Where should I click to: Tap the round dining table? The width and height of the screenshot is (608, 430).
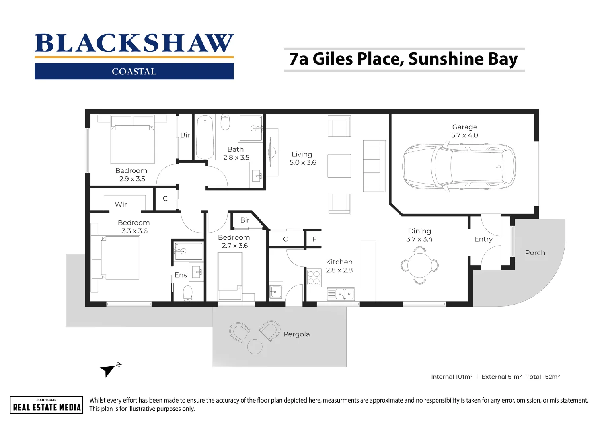tap(419, 265)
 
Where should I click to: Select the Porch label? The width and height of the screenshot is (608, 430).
tap(535, 253)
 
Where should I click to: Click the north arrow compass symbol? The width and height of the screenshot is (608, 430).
tap(108, 370)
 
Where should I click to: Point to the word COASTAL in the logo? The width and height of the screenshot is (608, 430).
tap(134, 72)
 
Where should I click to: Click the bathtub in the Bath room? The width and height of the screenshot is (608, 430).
tap(205, 137)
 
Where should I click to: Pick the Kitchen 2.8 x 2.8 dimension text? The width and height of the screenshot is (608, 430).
tap(339, 270)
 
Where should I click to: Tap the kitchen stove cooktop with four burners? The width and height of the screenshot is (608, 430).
tap(314, 278)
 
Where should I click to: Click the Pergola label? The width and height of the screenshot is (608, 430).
tap(296, 334)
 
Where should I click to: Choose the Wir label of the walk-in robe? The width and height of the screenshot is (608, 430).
tap(121, 205)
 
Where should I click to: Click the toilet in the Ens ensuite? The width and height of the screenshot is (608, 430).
tap(187, 293)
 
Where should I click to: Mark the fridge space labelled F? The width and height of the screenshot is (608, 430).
tap(314, 239)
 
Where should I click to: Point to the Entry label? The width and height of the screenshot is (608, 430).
tap(483, 239)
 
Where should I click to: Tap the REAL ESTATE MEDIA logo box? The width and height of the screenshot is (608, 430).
tap(47, 405)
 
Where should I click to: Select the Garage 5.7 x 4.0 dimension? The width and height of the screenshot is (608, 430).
tap(464, 135)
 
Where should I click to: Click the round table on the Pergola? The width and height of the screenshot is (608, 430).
tap(255, 346)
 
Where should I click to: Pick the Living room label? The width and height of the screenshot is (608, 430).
tap(302, 154)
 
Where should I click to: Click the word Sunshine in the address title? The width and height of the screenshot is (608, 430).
tap(446, 59)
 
